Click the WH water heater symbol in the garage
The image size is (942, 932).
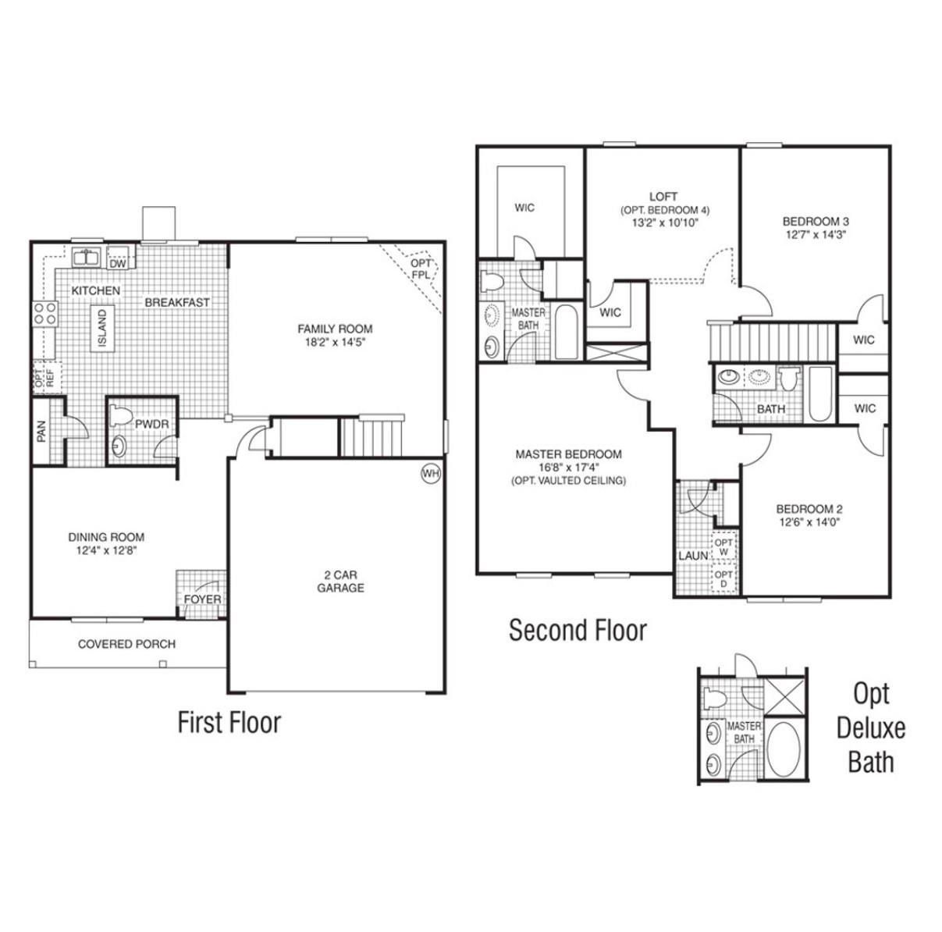[430, 473]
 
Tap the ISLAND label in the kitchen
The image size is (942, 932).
[101, 328]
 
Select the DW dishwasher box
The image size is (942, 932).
[118, 263]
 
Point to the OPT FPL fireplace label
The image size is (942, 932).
[421, 269]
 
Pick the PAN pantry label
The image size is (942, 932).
[41, 431]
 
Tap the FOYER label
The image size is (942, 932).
[202, 599]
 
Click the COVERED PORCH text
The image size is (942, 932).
[126, 644]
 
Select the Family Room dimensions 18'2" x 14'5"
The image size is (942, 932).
[335, 342]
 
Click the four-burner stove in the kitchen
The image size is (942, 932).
[44, 314]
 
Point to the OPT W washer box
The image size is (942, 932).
[723, 547]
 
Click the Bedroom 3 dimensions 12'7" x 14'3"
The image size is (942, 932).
[815, 233]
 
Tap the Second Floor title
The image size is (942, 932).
[578, 630]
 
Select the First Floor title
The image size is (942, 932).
[229, 722]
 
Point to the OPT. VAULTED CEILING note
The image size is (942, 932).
[568, 481]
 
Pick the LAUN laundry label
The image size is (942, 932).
[693, 555]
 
